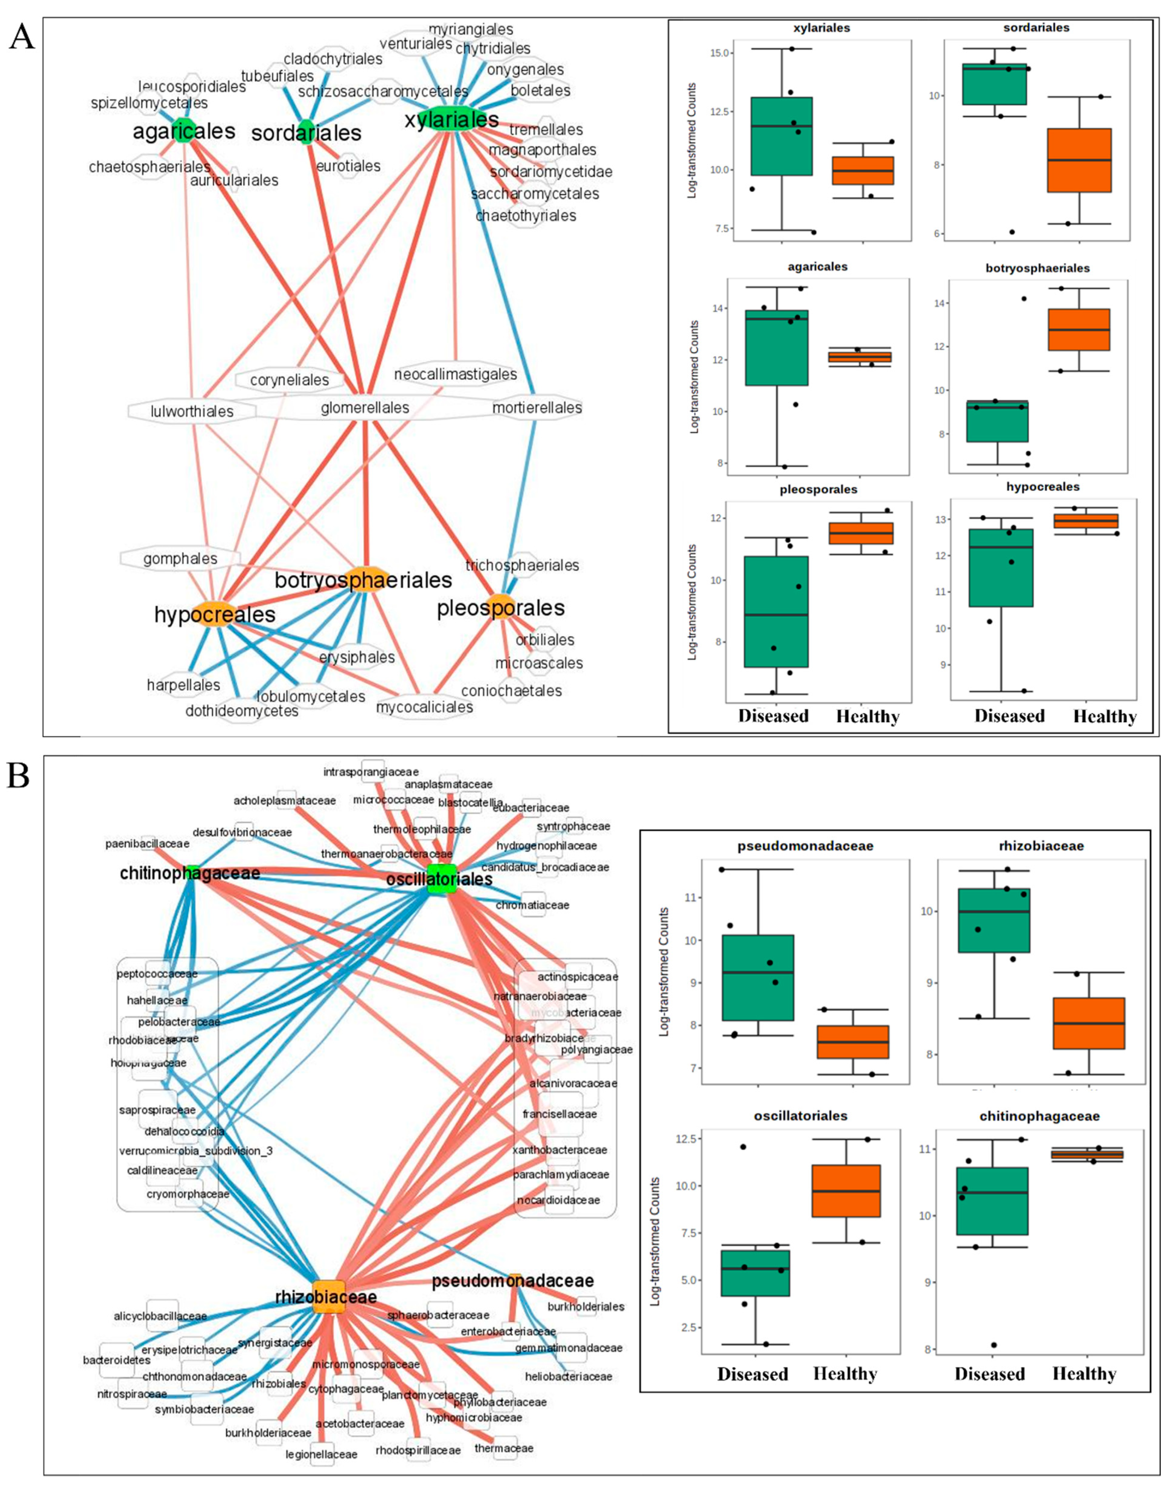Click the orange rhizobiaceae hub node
(328, 1295)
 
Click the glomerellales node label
(365, 408)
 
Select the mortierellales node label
(537, 408)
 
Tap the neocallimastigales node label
(455, 374)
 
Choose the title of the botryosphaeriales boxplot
(1037, 267)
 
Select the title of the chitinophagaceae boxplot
(1039, 1116)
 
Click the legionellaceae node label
(321, 1454)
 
